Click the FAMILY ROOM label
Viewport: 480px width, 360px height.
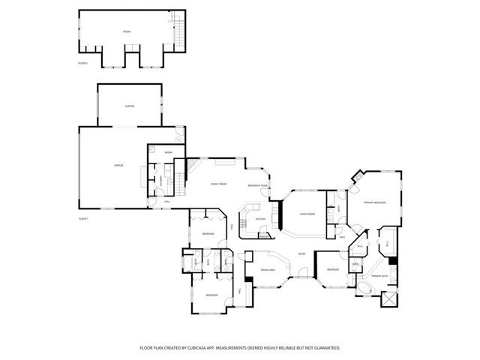[x=218, y=184]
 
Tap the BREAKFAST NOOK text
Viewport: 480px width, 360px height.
[x=258, y=185]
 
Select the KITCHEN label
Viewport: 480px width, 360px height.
[x=260, y=219]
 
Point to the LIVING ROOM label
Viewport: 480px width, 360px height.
[x=307, y=214]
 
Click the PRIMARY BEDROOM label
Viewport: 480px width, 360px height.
[x=375, y=202]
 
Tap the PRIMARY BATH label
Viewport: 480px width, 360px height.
[x=379, y=276]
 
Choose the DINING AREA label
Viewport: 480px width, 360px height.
[x=268, y=269]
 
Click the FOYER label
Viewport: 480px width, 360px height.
[x=301, y=254]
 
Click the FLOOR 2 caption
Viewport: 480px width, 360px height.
[x=82, y=64]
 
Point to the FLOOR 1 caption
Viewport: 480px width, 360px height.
[x=82, y=218]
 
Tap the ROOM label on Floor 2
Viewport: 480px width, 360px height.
[x=127, y=31]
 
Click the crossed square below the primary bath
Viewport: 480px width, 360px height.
[x=388, y=299]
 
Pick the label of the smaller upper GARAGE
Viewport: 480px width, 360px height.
[x=129, y=106]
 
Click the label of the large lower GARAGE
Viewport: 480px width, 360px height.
[x=118, y=164]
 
